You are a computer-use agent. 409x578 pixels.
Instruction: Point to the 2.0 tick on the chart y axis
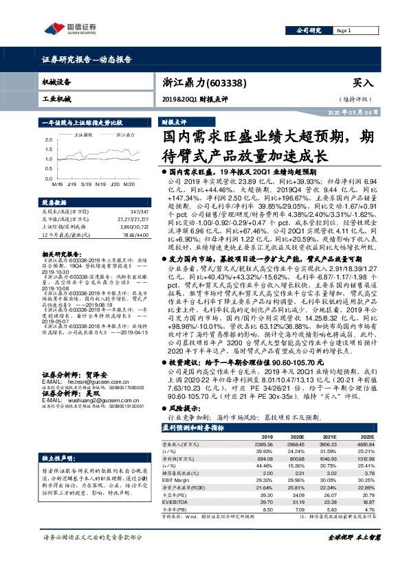click(x=47, y=139)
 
